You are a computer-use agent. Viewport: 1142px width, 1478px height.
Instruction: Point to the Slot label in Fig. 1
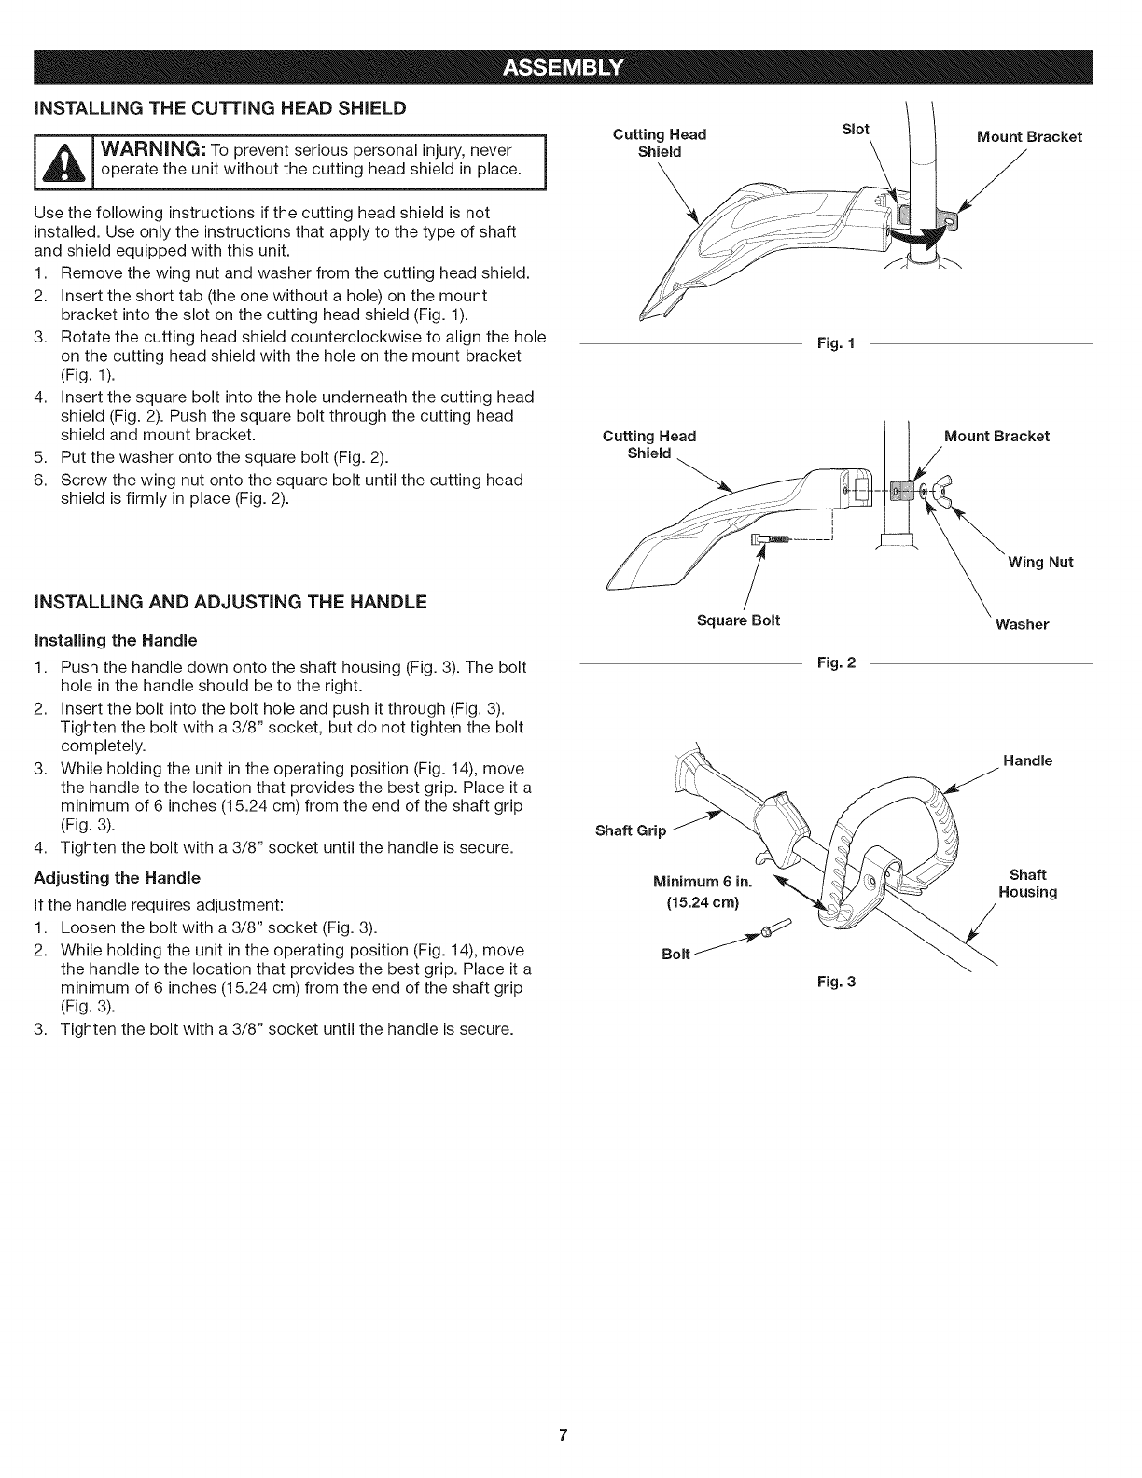tap(856, 130)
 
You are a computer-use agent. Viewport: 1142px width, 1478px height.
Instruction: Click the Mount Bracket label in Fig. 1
tap(1028, 137)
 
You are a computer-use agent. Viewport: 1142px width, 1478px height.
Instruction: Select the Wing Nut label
tap(1039, 562)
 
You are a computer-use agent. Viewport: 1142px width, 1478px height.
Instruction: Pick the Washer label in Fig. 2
tap(1022, 624)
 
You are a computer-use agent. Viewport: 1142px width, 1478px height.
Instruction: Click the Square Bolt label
tap(738, 620)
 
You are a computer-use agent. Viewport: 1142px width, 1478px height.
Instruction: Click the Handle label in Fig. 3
tap(1027, 760)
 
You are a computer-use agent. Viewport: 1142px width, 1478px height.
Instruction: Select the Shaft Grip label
tap(630, 830)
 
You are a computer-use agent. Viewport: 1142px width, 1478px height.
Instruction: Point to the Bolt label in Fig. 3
tap(675, 954)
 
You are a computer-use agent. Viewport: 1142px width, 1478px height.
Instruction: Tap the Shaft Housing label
tap(1027, 884)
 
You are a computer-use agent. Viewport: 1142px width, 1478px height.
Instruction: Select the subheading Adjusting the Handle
tap(117, 878)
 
